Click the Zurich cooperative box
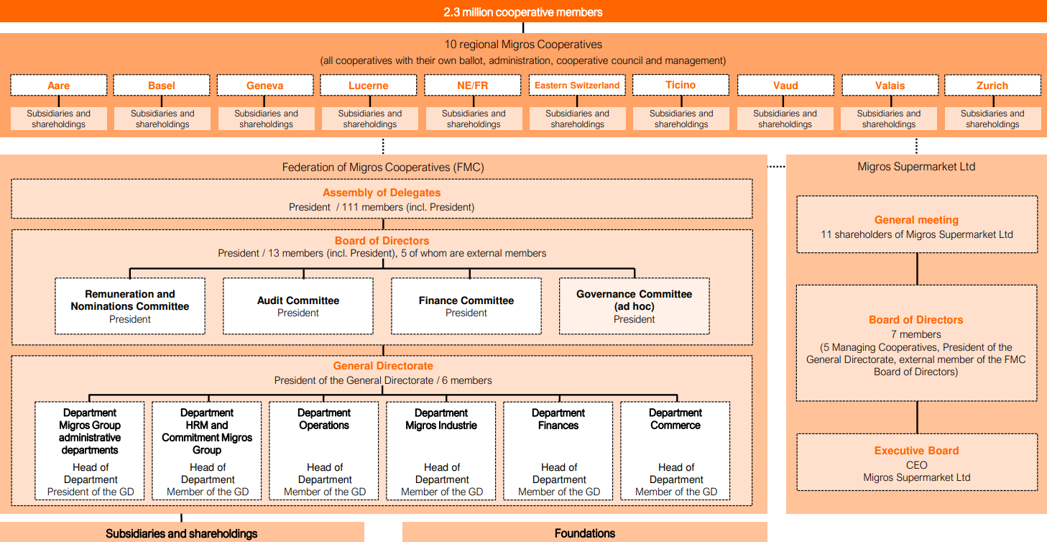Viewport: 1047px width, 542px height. pos(992,85)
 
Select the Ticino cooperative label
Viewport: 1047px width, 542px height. pos(681,85)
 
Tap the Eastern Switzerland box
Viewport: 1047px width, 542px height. pos(577,85)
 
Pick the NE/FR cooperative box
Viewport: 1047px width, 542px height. pos(473,85)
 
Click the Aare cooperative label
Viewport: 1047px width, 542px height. pos(59,85)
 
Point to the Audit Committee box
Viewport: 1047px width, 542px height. pos(298,306)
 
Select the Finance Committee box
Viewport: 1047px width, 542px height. pos(466,306)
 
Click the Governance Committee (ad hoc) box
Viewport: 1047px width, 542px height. pos(634,306)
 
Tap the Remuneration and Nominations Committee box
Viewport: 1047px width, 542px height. pos(130,306)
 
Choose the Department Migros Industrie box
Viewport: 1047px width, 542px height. pos(441,451)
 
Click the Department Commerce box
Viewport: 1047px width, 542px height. pos(675,451)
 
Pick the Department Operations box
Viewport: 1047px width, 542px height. pos(324,451)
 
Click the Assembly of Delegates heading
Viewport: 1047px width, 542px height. pos(382,193)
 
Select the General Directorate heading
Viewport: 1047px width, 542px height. pos(383,366)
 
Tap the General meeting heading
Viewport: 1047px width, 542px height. pos(916,220)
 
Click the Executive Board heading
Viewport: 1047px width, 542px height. pos(916,451)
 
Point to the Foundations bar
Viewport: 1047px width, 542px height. pos(584,533)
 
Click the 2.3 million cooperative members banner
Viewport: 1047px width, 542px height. pos(523,12)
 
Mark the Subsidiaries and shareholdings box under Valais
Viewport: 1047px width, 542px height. pos(889,119)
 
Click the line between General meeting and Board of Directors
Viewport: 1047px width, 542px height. pos(917,269)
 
